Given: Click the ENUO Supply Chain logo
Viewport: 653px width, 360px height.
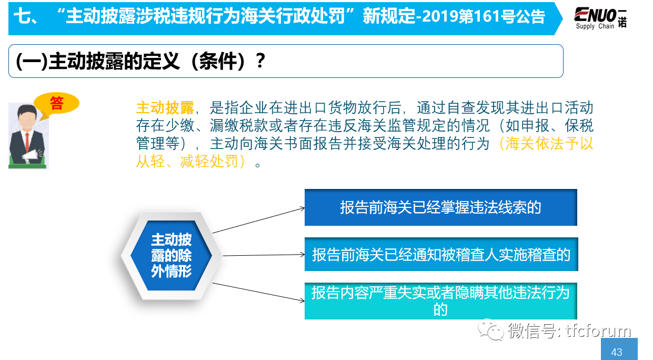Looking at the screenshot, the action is tap(600, 18).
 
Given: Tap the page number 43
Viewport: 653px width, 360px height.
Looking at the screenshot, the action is tap(617, 352).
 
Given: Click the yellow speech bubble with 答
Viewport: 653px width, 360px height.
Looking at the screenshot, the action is tap(56, 104).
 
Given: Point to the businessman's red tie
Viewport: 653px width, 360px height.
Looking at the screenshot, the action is tap(27, 142).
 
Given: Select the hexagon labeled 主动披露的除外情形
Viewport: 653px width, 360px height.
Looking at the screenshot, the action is tap(171, 255).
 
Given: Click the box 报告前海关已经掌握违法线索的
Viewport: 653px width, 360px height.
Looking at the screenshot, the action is tap(441, 207).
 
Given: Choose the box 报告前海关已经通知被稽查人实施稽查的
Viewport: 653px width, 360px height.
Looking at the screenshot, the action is tap(441, 254).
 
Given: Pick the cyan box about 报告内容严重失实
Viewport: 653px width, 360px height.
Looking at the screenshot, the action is tap(441, 301).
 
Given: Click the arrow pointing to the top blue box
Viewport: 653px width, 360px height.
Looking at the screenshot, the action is tap(258, 221).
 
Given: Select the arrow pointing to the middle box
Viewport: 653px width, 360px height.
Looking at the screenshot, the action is tap(264, 255).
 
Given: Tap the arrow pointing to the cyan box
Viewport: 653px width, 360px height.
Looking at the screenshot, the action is tap(258, 292).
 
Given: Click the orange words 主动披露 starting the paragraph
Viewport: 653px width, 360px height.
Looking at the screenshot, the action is tap(165, 108).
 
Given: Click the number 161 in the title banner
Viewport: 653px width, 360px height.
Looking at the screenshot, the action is tap(487, 16).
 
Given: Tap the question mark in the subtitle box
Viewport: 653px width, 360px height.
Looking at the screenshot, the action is tap(260, 61).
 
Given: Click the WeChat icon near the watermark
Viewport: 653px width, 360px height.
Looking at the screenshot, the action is tap(490, 329).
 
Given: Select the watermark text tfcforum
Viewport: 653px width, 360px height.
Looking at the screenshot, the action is tap(598, 331).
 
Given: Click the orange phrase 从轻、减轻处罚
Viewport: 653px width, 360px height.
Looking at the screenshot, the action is tap(187, 161).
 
